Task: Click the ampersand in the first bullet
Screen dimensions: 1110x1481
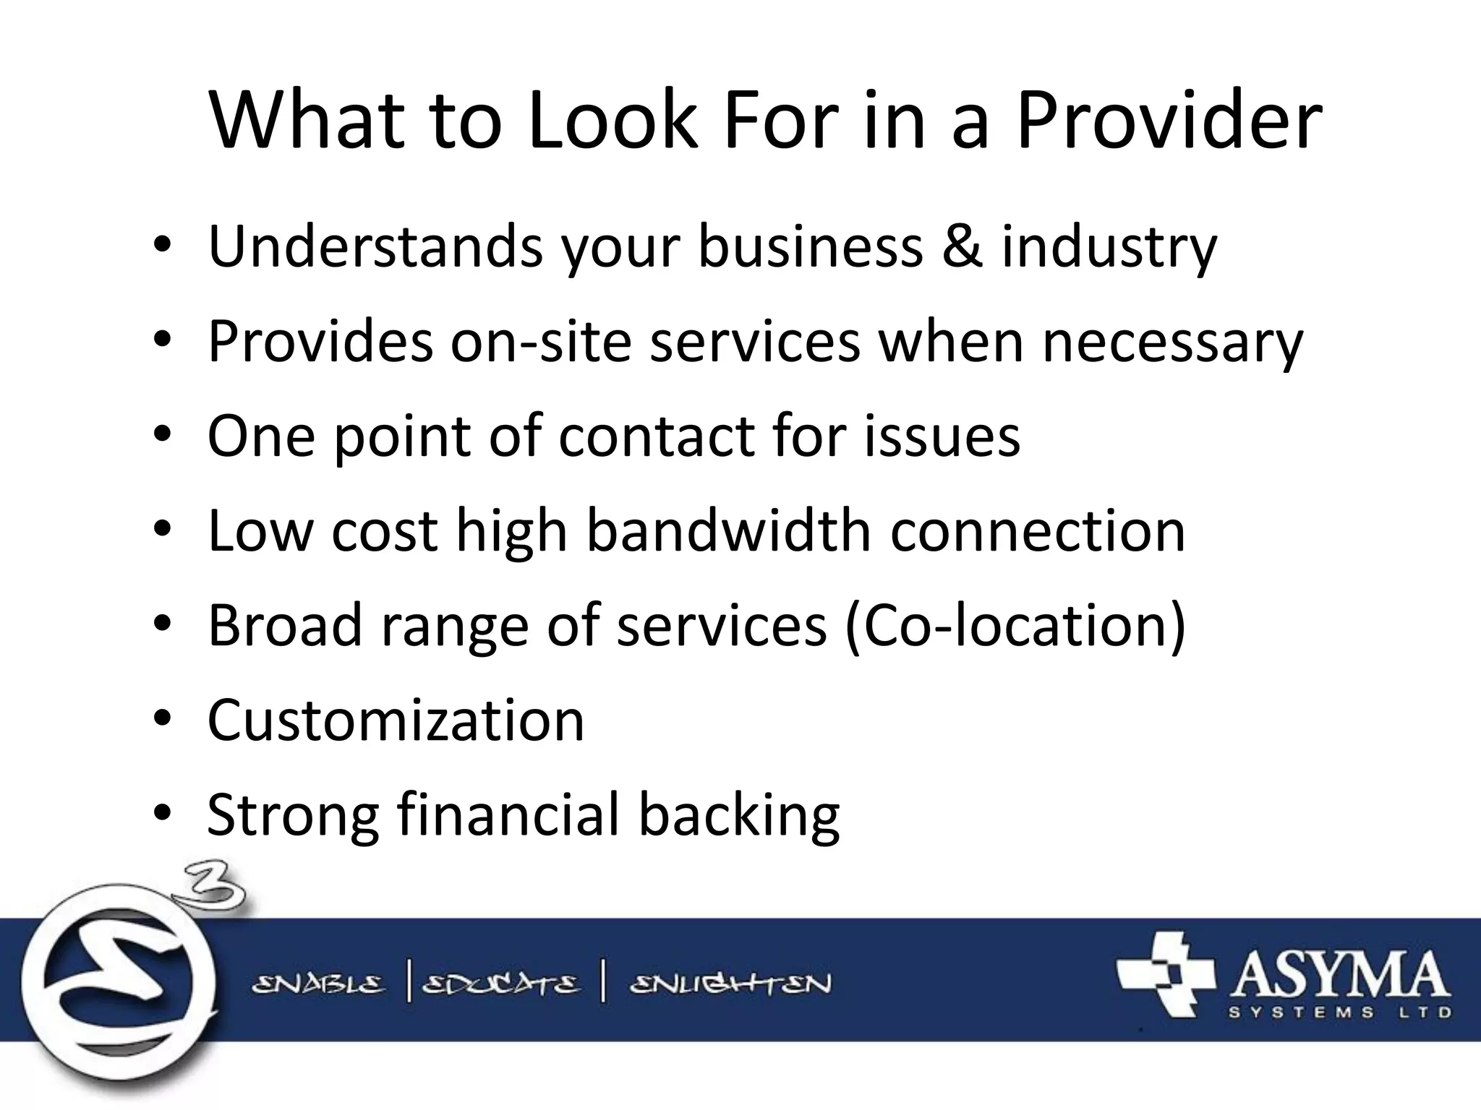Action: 962,246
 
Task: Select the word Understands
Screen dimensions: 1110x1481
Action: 375,246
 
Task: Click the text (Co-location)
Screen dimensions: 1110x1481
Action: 1015,625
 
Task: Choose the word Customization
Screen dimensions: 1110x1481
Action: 396,720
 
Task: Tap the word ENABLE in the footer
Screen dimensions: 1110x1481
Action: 317,984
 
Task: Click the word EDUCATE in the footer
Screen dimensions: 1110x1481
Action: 500,984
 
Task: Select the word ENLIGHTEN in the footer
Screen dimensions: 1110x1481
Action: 730,984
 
